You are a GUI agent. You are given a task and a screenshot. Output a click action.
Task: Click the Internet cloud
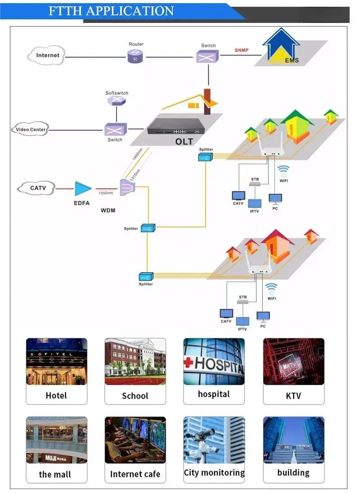[x=47, y=55]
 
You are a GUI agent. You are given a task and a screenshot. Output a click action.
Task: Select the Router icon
[x=135, y=56]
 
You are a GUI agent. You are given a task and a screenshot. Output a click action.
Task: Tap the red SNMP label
[x=242, y=50]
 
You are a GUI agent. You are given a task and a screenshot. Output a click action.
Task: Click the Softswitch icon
[x=117, y=101]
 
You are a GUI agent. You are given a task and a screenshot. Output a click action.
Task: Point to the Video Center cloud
[x=30, y=130]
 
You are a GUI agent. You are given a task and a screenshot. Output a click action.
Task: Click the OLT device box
[x=175, y=127]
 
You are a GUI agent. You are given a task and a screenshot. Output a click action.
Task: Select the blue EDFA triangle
[x=83, y=189]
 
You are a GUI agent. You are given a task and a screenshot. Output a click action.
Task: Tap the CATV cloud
[x=37, y=188]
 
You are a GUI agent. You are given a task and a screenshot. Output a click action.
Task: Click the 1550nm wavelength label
[x=106, y=193]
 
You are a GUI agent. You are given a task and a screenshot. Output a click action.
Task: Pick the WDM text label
[x=108, y=211]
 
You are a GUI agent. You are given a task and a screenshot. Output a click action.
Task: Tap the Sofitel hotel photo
[x=57, y=361]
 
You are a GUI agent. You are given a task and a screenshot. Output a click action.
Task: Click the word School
[x=135, y=396]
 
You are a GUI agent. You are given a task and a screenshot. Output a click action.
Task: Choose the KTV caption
[x=293, y=396]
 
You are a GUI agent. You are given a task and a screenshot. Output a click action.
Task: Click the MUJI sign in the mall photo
[x=50, y=458]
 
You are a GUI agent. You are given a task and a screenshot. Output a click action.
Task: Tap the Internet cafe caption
[x=135, y=474]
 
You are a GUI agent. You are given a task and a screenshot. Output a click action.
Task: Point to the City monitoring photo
[x=214, y=440]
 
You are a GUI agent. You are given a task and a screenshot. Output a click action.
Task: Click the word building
[x=293, y=473]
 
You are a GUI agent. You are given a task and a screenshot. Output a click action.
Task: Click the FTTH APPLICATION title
[x=111, y=11]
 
